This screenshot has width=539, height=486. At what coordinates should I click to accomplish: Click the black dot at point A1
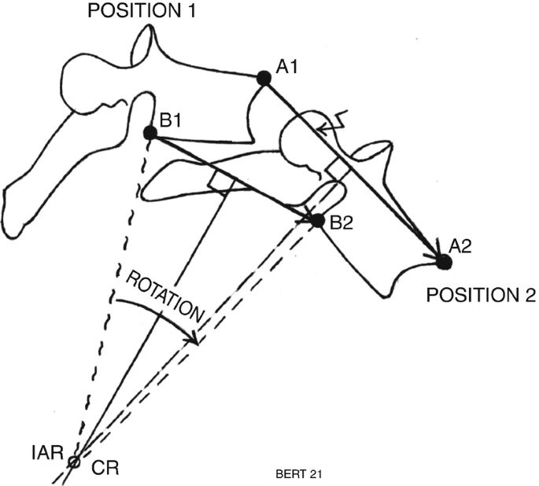(264, 79)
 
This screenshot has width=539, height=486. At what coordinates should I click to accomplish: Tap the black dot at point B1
(150, 133)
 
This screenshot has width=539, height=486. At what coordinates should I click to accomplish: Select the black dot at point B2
(318, 220)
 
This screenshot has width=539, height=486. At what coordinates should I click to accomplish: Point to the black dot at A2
(445, 262)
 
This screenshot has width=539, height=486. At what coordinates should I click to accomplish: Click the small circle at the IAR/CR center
(74, 462)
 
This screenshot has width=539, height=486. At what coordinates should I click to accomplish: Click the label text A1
(286, 68)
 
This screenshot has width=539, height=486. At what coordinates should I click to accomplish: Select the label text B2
(341, 223)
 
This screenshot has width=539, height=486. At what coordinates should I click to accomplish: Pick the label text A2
(460, 246)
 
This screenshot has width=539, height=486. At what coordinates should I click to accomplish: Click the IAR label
(48, 453)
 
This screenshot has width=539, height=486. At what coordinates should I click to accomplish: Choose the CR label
(105, 468)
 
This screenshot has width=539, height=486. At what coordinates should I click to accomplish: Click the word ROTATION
(165, 297)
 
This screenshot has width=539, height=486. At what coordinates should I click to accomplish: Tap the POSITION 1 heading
(142, 10)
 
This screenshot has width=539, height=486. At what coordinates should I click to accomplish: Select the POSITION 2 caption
(481, 295)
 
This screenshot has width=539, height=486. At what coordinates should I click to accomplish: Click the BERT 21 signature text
(299, 474)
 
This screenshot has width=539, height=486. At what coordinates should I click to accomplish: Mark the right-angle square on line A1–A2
(337, 169)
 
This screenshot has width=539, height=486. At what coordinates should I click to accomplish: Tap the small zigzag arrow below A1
(332, 123)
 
